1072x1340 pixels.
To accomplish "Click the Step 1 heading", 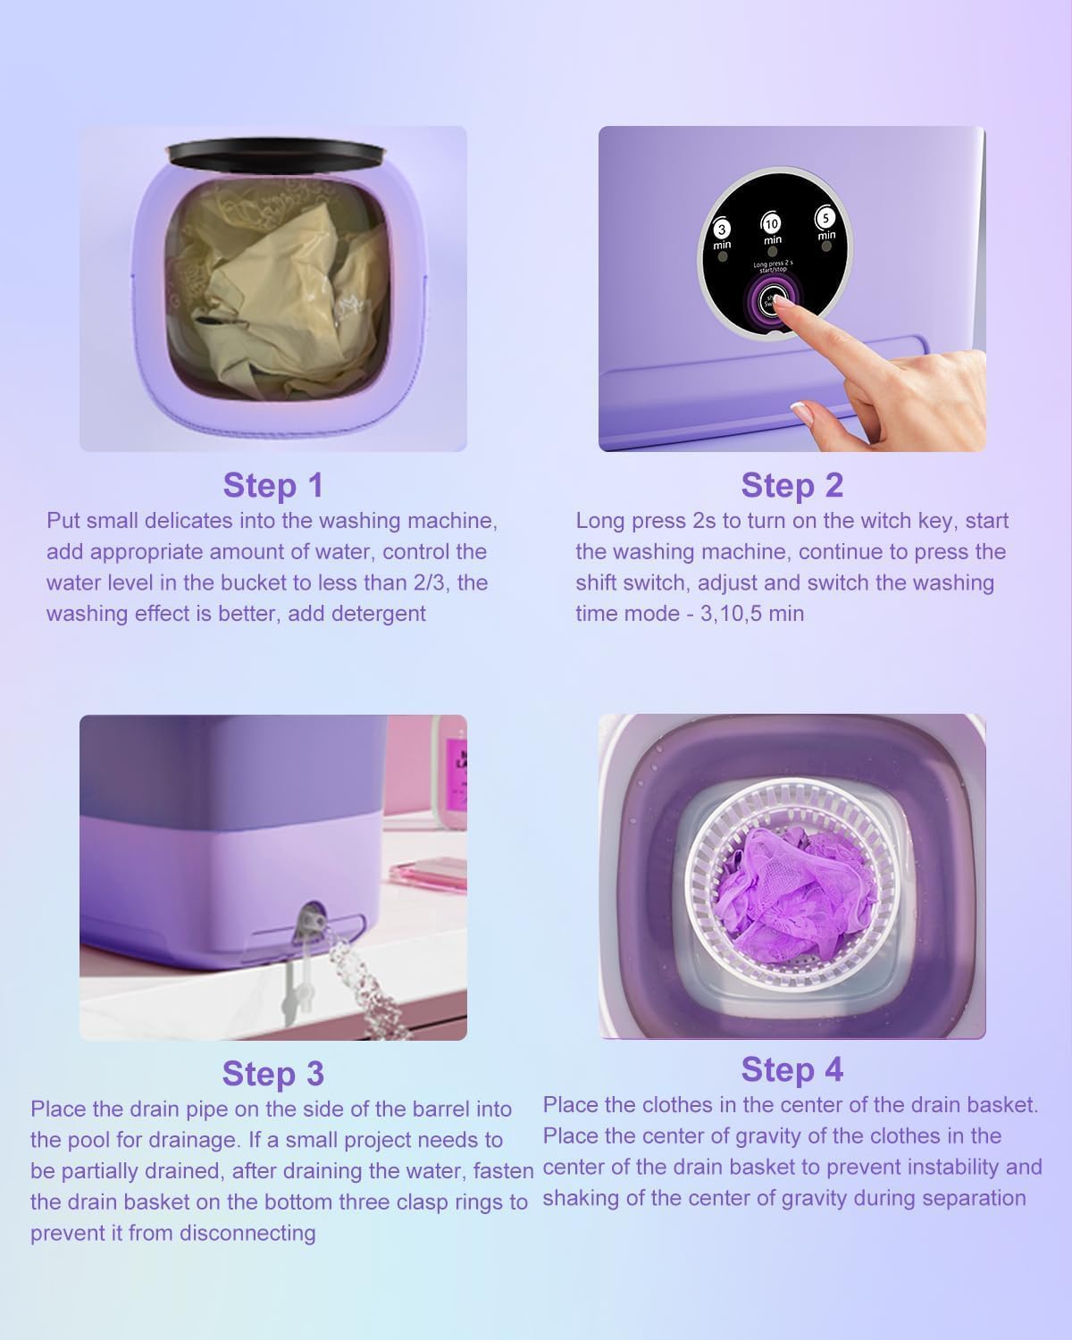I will pos(272,485).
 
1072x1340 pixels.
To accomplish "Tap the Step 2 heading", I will pos(791,484).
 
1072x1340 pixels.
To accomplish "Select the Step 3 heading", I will pos(272,1073).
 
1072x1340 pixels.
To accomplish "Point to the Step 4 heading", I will pos(791,1068).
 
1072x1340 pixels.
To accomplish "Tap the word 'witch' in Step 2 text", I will pos(885,521).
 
